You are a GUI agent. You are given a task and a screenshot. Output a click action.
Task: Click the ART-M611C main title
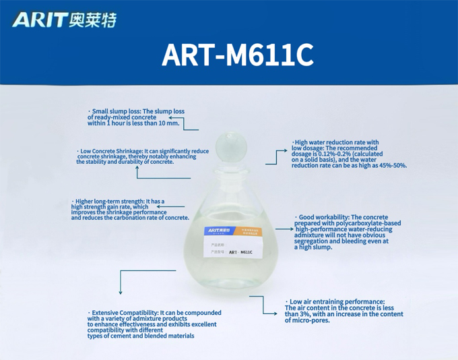click(x=237, y=55)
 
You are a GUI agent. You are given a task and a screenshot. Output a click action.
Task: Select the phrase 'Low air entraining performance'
click(x=337, y=301)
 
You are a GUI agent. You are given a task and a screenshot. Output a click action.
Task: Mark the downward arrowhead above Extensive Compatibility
click(x=121, y=292)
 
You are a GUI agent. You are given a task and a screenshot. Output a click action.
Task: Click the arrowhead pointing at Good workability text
click(x=292, y=229)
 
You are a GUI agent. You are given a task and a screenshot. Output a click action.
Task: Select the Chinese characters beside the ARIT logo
click(x=93, y=20)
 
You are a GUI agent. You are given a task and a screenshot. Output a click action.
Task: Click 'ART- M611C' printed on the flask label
click(x=241, y=252)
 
